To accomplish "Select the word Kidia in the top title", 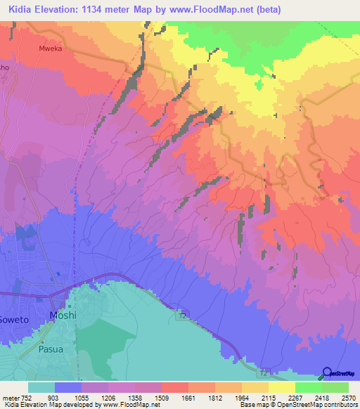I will click(19, 9).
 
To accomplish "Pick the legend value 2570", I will click(349, 397).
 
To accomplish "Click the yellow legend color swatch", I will click(282, 387).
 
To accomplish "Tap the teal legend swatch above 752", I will click(41, 387).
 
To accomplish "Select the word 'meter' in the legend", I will click(11, 397).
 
